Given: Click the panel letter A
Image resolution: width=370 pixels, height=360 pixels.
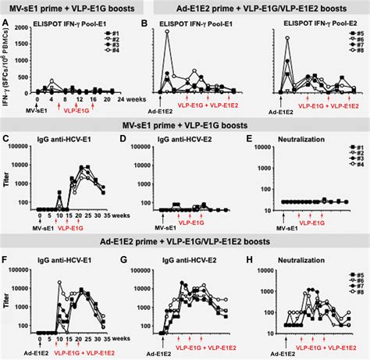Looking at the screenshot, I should [x=5, y=24].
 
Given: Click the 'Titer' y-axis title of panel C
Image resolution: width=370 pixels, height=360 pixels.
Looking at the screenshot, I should [x=9, y=187].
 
